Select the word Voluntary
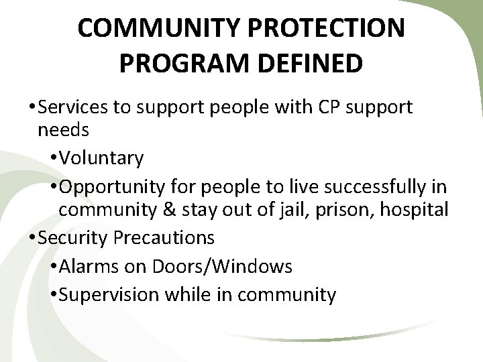[101, 158]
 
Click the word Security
[72, 237]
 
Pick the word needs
[64, 129]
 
